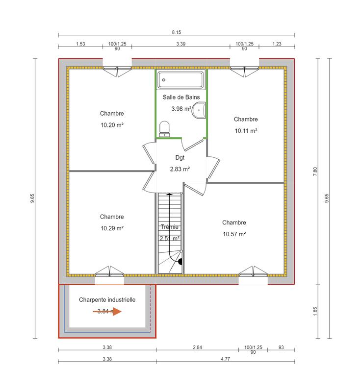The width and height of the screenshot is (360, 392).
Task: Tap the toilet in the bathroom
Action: coord(165,128)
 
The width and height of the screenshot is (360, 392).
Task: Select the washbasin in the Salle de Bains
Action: coord(199,111)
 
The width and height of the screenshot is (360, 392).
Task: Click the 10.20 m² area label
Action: coord(112,125)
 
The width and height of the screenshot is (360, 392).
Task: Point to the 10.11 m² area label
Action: coord(246,131)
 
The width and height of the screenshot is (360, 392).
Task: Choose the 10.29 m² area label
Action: coord(112,228)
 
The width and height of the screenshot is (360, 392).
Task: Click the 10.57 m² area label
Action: coord(234,234)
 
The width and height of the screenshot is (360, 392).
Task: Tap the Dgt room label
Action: coord(180,158)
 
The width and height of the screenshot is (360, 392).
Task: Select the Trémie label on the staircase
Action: coord(170,227)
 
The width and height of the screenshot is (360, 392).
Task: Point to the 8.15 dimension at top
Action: coord(176,32)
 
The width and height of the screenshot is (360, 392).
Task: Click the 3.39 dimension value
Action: coord(180,44)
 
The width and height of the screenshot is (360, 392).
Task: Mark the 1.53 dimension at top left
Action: coord(80,44)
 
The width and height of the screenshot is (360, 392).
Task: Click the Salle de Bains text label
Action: coord(181,98)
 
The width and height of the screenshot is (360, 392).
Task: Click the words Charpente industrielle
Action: coord(107,299)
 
